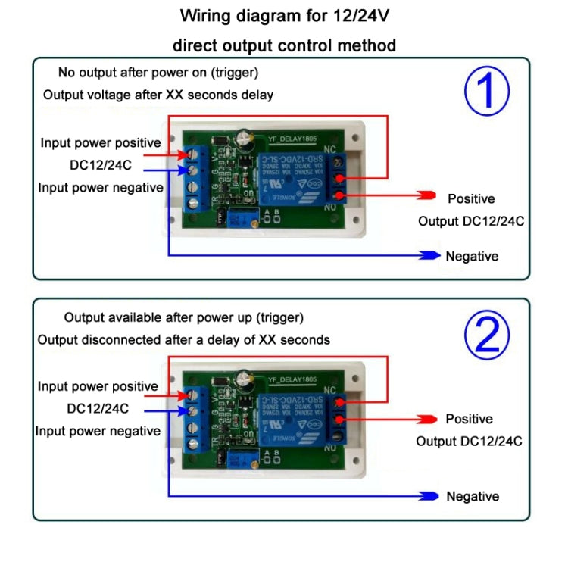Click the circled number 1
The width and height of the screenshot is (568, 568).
click(x=487, y=92)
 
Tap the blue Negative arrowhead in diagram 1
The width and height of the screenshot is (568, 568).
click(x=431, y=255)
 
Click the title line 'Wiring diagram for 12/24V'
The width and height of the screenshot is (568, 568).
click(x=284, y=15)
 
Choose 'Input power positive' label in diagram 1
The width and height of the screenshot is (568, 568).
click(x=101, y=142)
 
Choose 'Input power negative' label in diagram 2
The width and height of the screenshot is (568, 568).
click(x=98, y=431)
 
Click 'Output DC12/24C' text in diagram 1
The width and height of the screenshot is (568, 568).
click(x=471, y=221)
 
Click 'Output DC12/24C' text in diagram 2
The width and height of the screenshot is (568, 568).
click(x=469, y=442)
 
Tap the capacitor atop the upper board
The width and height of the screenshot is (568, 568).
click(x=242, y=137)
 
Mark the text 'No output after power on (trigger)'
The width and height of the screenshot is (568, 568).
click(x=158, y=73)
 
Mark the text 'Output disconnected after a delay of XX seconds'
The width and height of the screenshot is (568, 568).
click(x=184, y=339)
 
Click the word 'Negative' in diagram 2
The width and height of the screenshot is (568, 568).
click(x=473, y=496)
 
